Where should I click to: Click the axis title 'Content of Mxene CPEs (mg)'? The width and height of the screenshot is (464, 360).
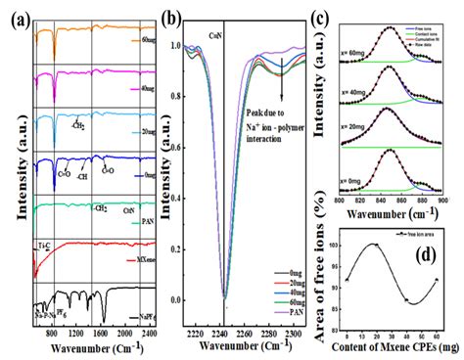(394, 349)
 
